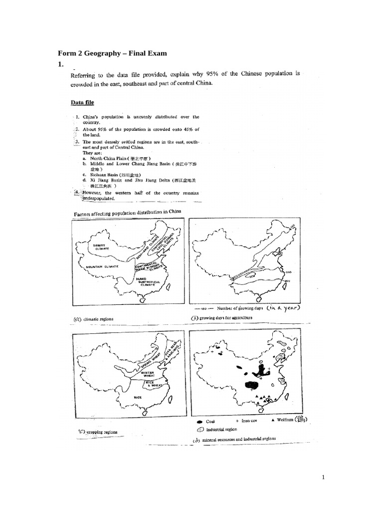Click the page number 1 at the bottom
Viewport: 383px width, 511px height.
[x=323, y=477]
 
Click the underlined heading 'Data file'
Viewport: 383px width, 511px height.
[x=82, y=103]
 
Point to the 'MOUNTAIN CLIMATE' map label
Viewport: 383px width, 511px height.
[x=101, y=267]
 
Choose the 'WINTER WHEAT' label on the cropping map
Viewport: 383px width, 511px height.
[x=148, y=374]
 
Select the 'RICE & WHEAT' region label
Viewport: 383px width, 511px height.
[x=150, y=384]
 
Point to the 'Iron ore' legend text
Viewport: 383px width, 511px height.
[x=249, y=421]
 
